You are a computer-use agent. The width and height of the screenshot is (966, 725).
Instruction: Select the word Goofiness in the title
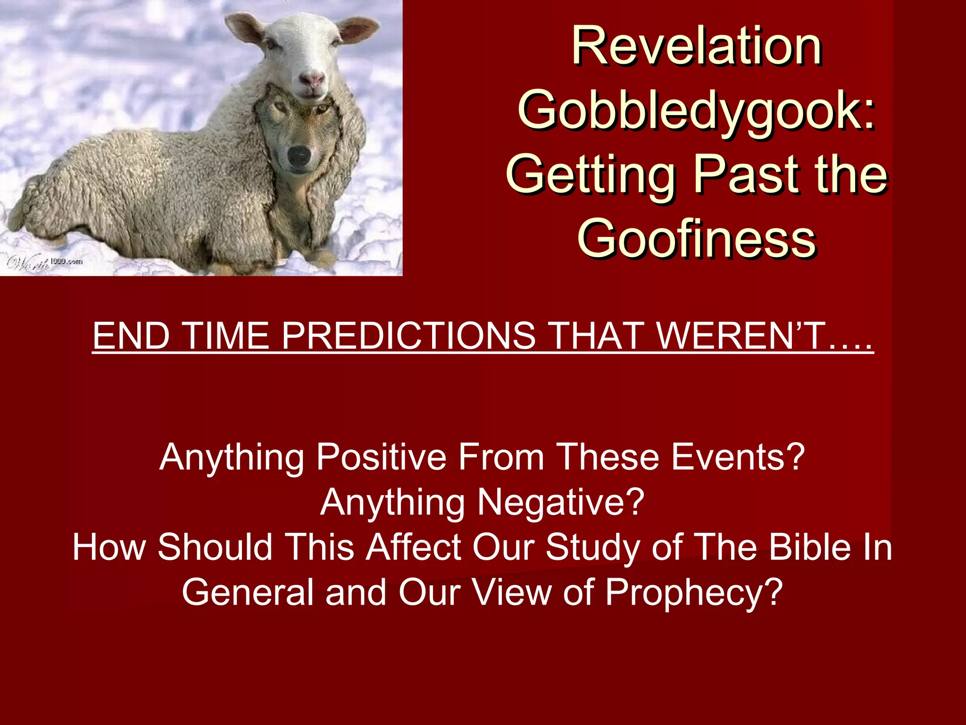click(697, 239)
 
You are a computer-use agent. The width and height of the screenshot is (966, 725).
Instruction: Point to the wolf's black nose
click(299, 155)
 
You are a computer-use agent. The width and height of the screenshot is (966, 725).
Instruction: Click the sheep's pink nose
click(312, 78)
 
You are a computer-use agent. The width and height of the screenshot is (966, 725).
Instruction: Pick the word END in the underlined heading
click(131, 336)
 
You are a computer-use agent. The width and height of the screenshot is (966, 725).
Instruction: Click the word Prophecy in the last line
click(693, 592)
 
